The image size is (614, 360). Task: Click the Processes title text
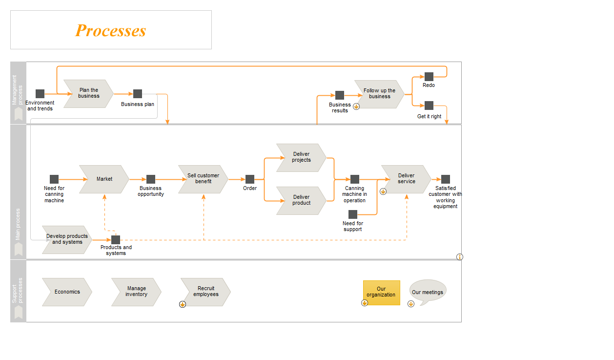click(x=110, y=30)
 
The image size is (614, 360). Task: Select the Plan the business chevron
click(x=88, y=94)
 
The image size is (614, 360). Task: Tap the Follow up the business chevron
click(x=379, y=94)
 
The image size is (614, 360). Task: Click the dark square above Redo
click(x=429, y=77)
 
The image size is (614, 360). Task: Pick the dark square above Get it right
click(x=429, y=106)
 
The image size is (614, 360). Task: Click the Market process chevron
click(x=104, y=179)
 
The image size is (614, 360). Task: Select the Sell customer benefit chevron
click(x=203, y=179)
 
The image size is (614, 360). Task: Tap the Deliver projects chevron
click(x=301, y=158)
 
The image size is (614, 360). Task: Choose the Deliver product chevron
click(x=301, y=201)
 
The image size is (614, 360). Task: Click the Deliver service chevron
click(x=406, y=179)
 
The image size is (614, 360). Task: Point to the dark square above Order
click(x=250, y=179)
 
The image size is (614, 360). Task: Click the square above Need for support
click(x=353, y=214)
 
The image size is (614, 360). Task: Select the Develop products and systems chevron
click(x=67, y=240)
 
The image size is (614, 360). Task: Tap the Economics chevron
click(x=67, y=292)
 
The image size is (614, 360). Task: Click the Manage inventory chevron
click(x=136, y=292)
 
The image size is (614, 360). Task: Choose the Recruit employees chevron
click(x=205, y=292)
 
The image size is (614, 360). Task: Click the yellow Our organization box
click(x=382, y=293)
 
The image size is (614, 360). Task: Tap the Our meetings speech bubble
click(x=428, y=292)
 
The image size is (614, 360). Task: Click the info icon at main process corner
click(x=460, y=257)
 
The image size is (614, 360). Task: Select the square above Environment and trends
click(x=40, y=94)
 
